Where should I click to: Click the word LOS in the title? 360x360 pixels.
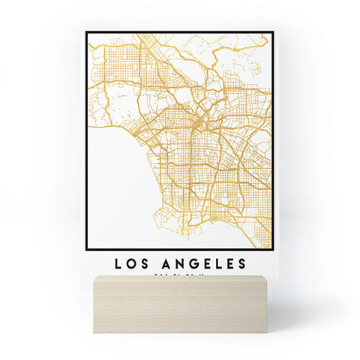pyautogui.click(x=132, y=263)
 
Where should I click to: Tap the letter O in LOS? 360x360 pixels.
pyautogui.click(x=132, y=263)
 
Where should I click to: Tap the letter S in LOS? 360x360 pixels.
pyautogui.click(x=145, y=263)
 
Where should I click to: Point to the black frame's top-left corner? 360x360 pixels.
pyautogui.click(x=87, y=32)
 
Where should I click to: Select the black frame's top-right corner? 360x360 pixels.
pyautogui.click(x=271, y=32)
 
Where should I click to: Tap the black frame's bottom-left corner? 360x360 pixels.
pyautogui.click(x=87, y=248)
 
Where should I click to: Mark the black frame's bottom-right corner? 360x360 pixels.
pyautogui.click(x=271, y=248)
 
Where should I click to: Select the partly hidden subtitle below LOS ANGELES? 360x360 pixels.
pyautogui.click(x=179, y=275)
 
